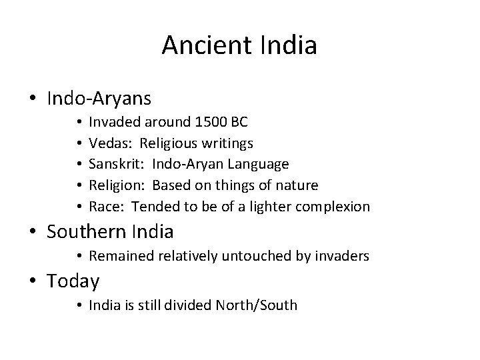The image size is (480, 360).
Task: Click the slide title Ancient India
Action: point(239,46)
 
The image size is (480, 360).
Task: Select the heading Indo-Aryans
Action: point(99,99)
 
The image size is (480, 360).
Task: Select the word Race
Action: point(104,206)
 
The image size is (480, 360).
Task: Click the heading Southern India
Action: point(110,231)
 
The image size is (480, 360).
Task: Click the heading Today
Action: point(73,281)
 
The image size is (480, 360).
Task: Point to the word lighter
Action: point(267,206)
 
